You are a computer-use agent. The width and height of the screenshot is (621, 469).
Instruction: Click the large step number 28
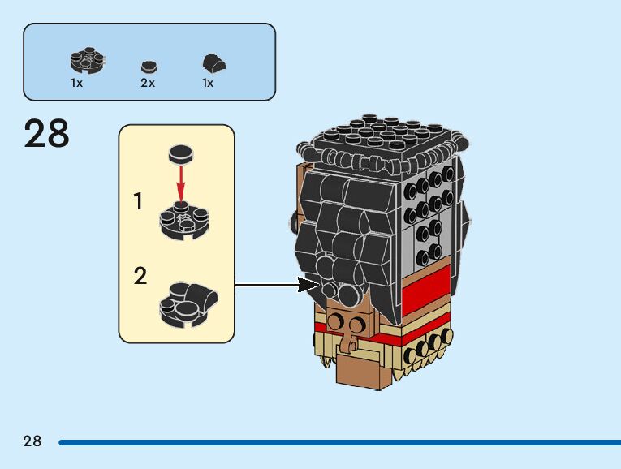(x=46, y=134)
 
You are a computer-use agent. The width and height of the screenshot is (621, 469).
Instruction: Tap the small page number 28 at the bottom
(x=32, y=441)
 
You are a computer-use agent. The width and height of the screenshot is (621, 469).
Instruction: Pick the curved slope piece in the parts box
(x=213, y=63)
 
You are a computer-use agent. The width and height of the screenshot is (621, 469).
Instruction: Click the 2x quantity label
(x=147, y=84)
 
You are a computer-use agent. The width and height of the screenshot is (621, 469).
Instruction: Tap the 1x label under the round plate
(x=76, y=84)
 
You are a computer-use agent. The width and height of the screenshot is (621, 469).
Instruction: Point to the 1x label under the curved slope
(x=208, y=84)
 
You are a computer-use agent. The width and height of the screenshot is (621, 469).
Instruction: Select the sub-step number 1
(x=139, y=201)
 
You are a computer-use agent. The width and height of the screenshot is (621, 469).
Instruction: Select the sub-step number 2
(x=140, y=276)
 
